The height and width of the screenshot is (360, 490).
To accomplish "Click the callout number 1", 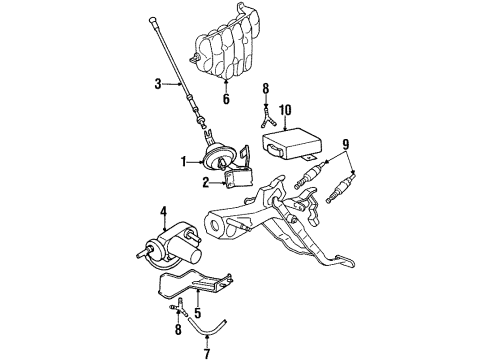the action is (183, 162).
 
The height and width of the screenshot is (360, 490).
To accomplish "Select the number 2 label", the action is (206, 182).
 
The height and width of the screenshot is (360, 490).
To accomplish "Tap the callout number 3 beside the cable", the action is (158, 84).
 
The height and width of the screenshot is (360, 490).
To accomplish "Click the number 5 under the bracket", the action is (198, 313).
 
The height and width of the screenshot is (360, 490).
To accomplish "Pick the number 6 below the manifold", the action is (226, 99).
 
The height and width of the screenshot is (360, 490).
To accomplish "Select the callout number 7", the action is (207, 353).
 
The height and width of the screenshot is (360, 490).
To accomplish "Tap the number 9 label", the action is (346, 145).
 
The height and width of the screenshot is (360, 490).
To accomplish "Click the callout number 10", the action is (285, 110).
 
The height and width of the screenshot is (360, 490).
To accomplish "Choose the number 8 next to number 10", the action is (265, 88).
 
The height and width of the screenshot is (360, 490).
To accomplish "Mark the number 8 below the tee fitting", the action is (178, 330).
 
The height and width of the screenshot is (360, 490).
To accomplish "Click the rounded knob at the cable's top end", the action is (152, 20).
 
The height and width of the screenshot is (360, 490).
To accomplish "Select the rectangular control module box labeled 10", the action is (292, 144).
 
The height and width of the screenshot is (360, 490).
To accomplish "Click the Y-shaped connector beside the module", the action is (267, 118).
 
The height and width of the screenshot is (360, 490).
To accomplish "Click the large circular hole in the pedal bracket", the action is (214, 225).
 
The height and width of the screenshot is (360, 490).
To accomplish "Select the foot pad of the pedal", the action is (345, 261).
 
